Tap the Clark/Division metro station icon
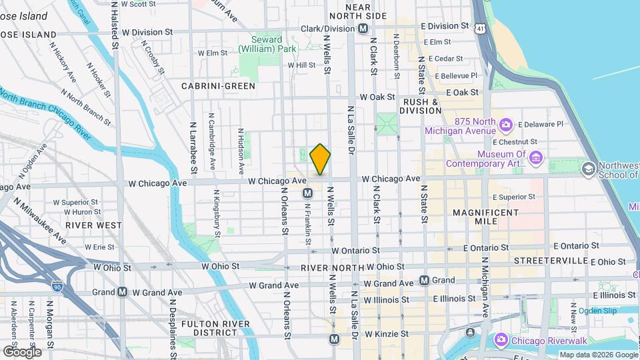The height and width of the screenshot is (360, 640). coord(363,29)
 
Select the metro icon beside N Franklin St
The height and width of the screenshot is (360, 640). coord(307,193)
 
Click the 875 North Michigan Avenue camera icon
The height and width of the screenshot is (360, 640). coord(506,124)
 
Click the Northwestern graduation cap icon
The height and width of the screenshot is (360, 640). coord(589,168)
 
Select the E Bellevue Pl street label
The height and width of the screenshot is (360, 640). coord(456,76)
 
